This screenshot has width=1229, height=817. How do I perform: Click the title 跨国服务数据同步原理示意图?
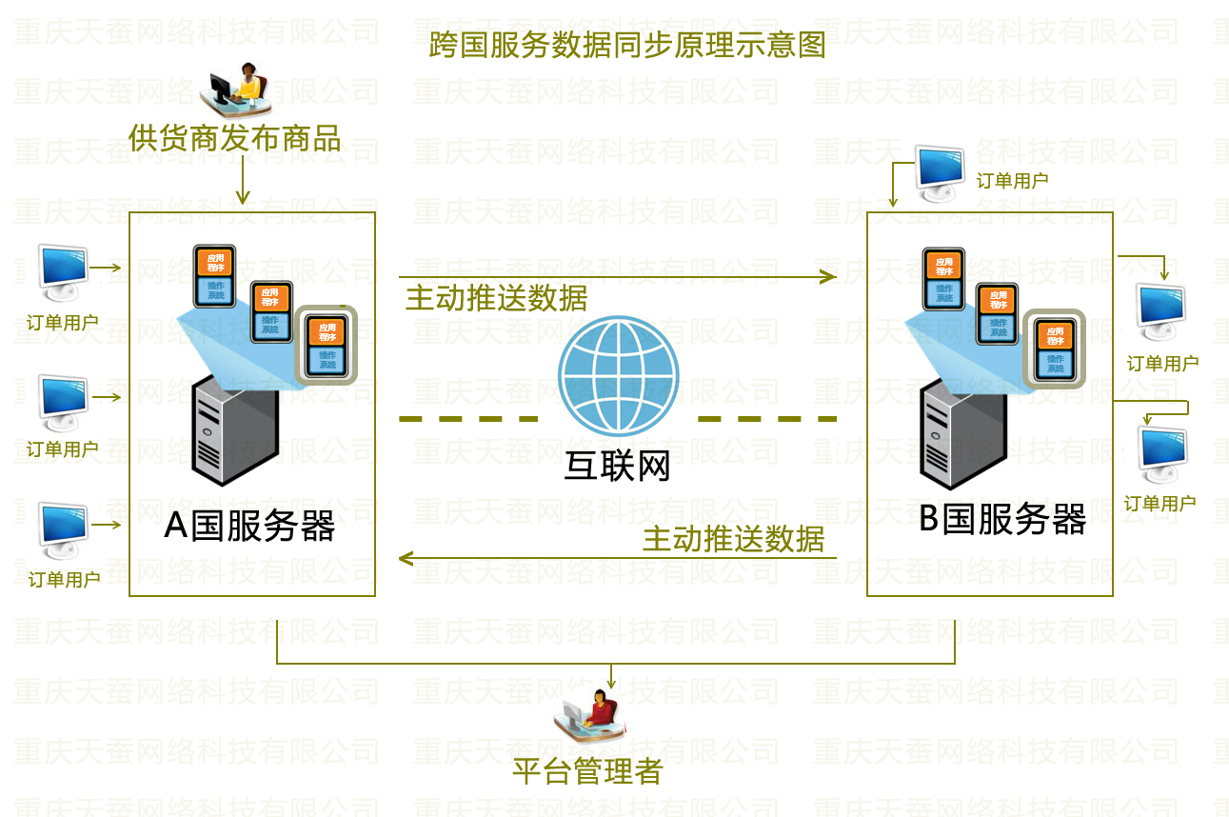coord(627,44)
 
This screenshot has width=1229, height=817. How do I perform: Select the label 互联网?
coord(618,466)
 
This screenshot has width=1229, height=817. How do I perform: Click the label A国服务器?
coord(249,525)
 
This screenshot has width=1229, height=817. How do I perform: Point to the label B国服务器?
coord(1002,520)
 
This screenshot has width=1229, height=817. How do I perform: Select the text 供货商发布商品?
coord(235,139)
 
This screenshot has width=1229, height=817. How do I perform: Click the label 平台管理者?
coord(587,769)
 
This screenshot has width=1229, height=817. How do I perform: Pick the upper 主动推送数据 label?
coord(497,298)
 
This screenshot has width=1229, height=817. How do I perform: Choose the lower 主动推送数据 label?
coord(733,540)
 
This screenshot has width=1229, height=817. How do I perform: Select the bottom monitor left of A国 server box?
coord(63,529)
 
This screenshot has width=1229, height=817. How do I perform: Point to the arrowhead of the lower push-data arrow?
coord(406,558)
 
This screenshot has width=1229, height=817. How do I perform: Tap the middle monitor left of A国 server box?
coord(63,400)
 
